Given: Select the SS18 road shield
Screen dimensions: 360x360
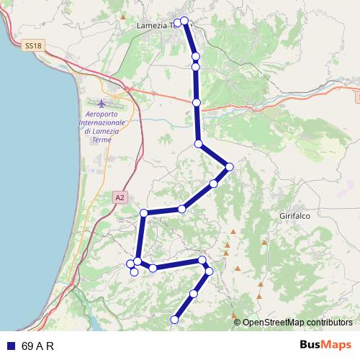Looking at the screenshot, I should click(32, 45).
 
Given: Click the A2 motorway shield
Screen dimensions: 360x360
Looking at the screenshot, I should click(120, 197).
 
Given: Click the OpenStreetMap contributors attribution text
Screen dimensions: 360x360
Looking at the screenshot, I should click(297, 323).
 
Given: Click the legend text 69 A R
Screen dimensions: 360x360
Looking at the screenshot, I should click(38, 345).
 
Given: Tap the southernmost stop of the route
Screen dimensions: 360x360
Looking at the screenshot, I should click(174, 319).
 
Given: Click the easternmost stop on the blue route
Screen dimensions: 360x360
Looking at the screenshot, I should click(230, 167).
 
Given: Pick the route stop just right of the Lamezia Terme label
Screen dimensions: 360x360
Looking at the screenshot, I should click(185, 21).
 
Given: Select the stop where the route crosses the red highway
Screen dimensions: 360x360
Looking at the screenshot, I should click(197, 103).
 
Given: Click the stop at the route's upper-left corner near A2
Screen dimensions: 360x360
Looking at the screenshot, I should click(144, 212).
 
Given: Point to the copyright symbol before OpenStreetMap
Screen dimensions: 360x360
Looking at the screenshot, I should click(238, 323).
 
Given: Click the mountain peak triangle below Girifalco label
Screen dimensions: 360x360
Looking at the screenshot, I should click(264, 242).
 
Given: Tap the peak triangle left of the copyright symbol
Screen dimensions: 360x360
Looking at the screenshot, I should click(233, 315).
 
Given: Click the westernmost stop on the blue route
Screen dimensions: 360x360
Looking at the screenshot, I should click(130, 263).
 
